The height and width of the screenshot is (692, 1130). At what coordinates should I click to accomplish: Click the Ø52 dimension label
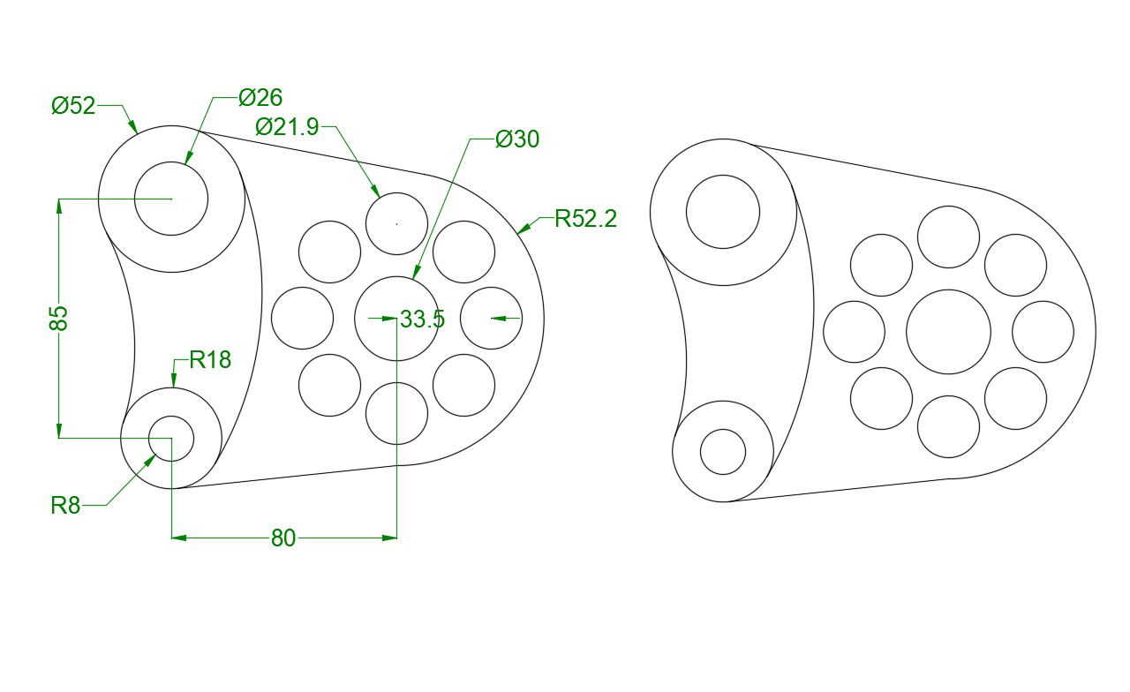(72, 106)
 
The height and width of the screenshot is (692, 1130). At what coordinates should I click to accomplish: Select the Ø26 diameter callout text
(260, 97)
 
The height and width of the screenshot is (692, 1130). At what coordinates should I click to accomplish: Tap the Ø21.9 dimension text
(287, 127)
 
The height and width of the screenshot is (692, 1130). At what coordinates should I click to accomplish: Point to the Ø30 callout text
(517, 139)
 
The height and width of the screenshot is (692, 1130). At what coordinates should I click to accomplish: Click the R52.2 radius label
(585, 219)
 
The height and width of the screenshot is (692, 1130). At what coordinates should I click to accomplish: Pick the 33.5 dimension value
(422, 319)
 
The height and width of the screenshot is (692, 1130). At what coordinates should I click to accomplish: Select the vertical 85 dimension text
(58, 318)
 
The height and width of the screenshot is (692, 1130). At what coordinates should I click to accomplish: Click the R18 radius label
(210, 359)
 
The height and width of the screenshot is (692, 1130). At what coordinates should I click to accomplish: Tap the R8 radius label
(65, 505)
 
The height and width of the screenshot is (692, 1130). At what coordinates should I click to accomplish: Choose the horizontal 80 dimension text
(283, 538)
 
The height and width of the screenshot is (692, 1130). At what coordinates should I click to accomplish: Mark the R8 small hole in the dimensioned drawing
(171, 438)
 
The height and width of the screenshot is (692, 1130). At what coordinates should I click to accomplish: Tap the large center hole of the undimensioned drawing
(948, 332)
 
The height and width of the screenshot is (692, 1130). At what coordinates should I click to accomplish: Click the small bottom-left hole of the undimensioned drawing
(723, 452)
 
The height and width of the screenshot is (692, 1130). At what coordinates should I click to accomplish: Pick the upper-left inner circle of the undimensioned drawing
(723, 212)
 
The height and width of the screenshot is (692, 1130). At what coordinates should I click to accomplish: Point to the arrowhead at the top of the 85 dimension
(59, 207)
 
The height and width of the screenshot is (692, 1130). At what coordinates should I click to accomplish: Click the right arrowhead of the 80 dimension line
(388, 537)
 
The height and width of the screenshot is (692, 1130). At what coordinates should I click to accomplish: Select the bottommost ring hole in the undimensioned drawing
(948, 426)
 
